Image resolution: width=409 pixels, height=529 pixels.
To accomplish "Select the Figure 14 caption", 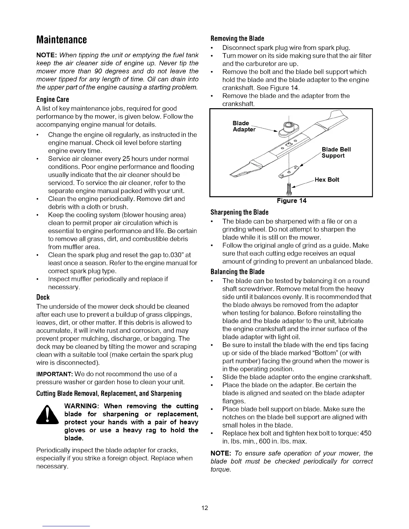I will pyautogui.click(x=291, y=201).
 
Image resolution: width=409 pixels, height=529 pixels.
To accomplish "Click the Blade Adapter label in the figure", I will pyautogui.click(x=244, y=126).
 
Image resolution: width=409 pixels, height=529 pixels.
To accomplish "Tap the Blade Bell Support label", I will pyautogui.click(x=336, y=153).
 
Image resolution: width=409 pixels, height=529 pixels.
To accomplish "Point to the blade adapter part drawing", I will pyautogui.click(x=288, y=129).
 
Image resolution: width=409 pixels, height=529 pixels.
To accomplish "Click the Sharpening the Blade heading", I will pyautogui.click(x=240, y=212).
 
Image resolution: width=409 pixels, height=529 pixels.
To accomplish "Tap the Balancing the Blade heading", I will pyautogui.click(x=238, y=271).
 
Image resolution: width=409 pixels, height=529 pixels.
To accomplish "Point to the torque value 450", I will pyautogui.click(x=366, y=433).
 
